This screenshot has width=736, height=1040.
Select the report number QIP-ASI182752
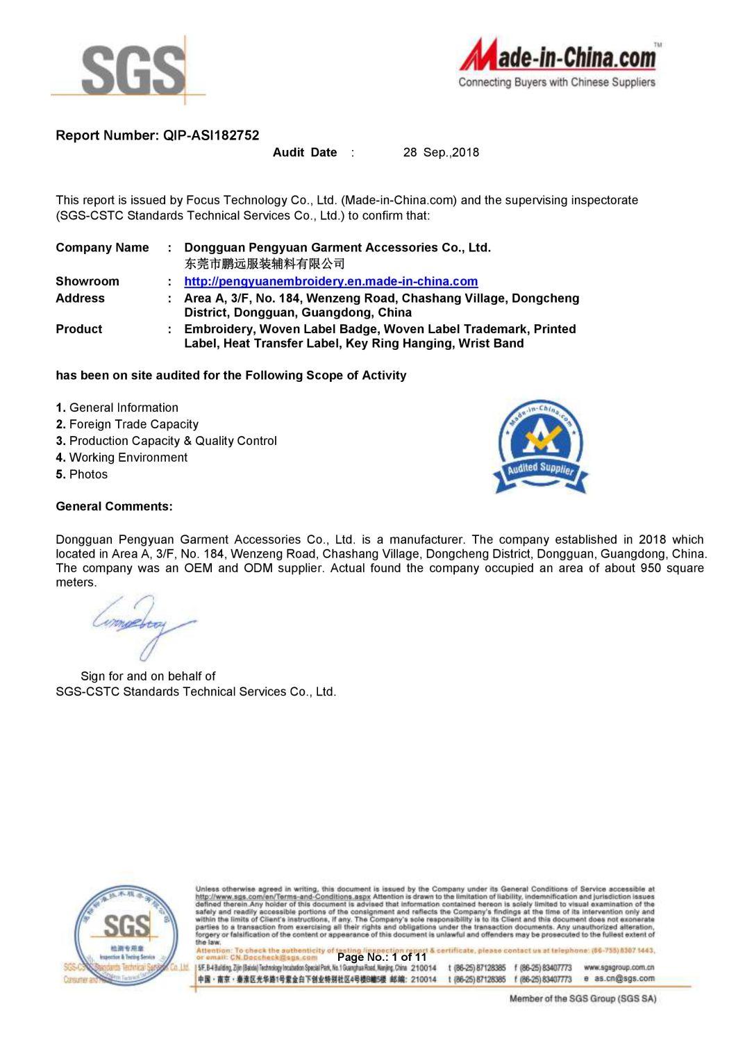click(211, 136)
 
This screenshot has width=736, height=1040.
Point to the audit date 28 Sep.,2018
click(441, 153)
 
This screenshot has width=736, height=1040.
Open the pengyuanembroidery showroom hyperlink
click(331, 281)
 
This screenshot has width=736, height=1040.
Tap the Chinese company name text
click(264, 264)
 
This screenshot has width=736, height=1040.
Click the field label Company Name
click(102, 248)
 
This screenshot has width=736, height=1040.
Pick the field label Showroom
click(87, 281)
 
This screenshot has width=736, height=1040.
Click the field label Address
click(80, 298)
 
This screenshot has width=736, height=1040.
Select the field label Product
click(78, 329)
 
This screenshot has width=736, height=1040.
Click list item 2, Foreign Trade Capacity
click(127, 424)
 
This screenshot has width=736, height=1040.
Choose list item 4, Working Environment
click(122, 458)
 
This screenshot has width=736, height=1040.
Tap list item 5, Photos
click(82, 474)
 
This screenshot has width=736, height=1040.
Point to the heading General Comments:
click(114, 506)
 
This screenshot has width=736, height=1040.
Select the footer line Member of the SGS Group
click(583, 998)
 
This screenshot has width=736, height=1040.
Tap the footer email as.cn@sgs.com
click(624, 978)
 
